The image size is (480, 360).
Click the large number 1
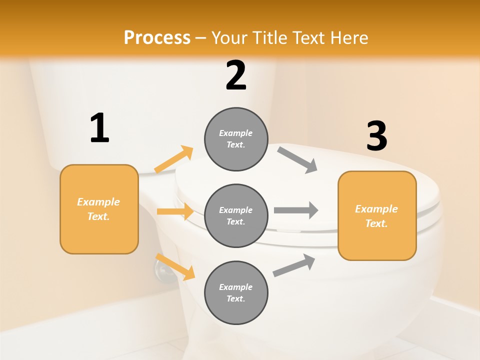(99, 128)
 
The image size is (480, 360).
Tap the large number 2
(236, 75)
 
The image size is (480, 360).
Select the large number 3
(376, 136)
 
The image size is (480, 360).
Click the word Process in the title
(157, 37)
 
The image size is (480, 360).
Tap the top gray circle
(236, 139)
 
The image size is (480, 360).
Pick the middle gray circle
(236, 215)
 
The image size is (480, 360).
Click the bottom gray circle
(236, 292)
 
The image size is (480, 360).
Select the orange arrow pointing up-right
(174, 159)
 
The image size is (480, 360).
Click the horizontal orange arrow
(175, 211)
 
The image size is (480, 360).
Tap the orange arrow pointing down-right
(175, 266)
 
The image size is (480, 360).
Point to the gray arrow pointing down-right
(297, 160)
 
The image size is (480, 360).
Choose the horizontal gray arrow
(296, 210)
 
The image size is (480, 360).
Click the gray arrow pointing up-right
(294, 265)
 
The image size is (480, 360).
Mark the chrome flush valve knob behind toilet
(162, 272)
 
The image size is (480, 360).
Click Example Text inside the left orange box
(98, 209)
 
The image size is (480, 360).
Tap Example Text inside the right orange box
(376, 216)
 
